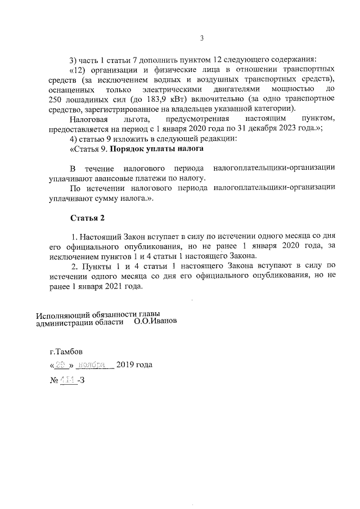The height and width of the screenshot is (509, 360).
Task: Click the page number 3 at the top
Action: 202,38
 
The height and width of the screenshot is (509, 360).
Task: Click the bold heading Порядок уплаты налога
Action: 156,149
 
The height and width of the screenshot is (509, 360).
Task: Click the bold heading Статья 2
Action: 88,218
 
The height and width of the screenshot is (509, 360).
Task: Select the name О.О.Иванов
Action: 155,323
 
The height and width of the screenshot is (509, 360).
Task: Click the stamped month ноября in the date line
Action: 93,365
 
